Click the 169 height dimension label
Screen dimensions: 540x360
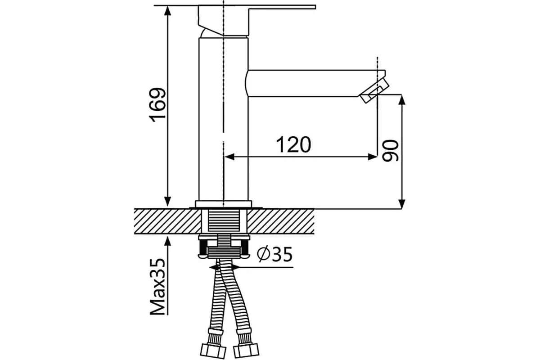pyautogui.click(x=157, y=105)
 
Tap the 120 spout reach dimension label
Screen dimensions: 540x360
pyautogui.click(x=293, y=145)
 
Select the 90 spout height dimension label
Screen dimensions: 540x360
pyautogui.click(x=390, y=151)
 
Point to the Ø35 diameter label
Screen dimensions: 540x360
pyautogui.click(x=274, y=254)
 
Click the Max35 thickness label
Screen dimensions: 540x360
pyautogui.click(x=157, y=287)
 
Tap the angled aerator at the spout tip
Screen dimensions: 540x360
pyautogui.click(x=374, y=91)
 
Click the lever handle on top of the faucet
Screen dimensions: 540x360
pyautogui.click(x=257, y=21)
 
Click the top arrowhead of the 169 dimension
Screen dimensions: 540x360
pyautogui.click(x=167, y=11)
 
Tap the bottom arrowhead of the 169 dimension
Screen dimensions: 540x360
pyautogui.click(x=167, y=202)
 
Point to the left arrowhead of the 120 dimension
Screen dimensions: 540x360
pyautogui.click(x=230, y=157)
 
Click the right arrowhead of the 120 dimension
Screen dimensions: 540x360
pyautogui.click(x=373, y=157)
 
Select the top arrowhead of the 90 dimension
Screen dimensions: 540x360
pyautogui.click(x=401, y=99)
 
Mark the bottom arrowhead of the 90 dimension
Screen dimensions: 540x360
pyautogui.click(x=401, y=204)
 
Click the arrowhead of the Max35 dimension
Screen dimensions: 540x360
pyautogui.click(x=167, y=241)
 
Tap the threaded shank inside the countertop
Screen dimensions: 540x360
pyautogui.click(x=224, y=221)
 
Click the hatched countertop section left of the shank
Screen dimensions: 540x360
pyautogui.click(x=167, y=221)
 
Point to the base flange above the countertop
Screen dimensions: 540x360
pyautogui.click(x=224, y=204)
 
